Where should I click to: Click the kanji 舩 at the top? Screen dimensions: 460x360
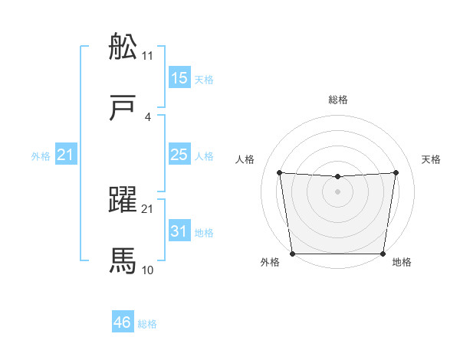(123, 47)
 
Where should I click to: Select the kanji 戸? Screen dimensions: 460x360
(123, 109)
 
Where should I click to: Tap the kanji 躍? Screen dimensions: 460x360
(123, 201)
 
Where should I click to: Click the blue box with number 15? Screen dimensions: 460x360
(179, 78)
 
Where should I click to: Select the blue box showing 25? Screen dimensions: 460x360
(179, 155)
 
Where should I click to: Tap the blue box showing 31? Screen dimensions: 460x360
(179, 231)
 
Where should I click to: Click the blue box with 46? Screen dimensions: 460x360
(123, 322)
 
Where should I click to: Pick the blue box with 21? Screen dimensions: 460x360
(66, 155)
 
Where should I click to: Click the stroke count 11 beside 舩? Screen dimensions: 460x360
(148, 56)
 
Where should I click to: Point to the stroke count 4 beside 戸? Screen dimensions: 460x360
(148, 117)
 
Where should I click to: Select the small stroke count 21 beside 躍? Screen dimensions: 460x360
(148, 209)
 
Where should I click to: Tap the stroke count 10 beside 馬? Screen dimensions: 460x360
(148, 270)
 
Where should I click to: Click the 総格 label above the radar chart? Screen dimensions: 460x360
(338, 100)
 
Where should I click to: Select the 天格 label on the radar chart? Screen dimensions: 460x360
(431, 159)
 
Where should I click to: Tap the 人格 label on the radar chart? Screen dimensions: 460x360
(245, 159)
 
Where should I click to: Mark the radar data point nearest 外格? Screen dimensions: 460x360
(292, 254)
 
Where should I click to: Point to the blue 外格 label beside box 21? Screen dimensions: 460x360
(41, 156)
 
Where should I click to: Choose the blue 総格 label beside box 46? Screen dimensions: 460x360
(147, 324)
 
